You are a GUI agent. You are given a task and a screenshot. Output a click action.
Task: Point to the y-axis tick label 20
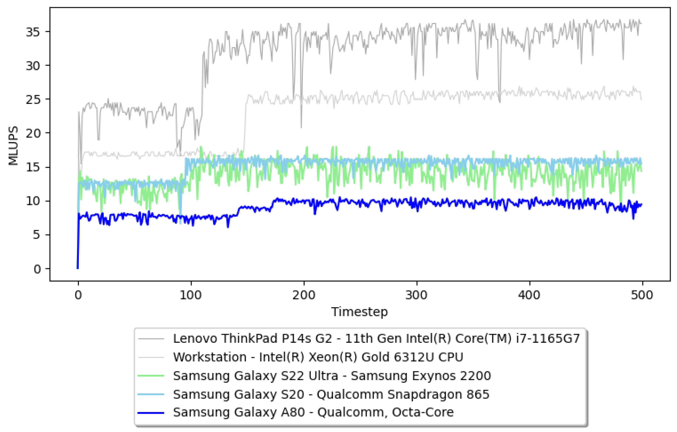pos(33,133)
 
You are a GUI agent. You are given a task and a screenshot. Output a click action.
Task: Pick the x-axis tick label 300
pos(416,295)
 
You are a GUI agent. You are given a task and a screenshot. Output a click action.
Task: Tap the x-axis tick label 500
pos(642,295)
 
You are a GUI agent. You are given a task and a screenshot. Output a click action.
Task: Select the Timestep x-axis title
pos(359,312)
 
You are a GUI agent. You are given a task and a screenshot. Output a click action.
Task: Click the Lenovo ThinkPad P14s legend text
pos(376,339)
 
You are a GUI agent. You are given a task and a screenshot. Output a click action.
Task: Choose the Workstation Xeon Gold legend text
pos(318,357)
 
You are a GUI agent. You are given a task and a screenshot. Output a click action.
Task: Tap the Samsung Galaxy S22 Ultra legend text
pos(332,376)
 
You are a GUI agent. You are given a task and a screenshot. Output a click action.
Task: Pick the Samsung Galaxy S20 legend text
pos(331,394)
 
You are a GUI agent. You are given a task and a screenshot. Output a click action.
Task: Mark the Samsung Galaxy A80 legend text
pos(313,412)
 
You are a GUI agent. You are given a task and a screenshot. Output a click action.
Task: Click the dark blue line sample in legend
pos(151,413)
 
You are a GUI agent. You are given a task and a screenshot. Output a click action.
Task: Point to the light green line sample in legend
pos(151,376)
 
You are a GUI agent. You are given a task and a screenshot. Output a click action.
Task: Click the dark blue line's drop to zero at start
pos(78,267)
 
